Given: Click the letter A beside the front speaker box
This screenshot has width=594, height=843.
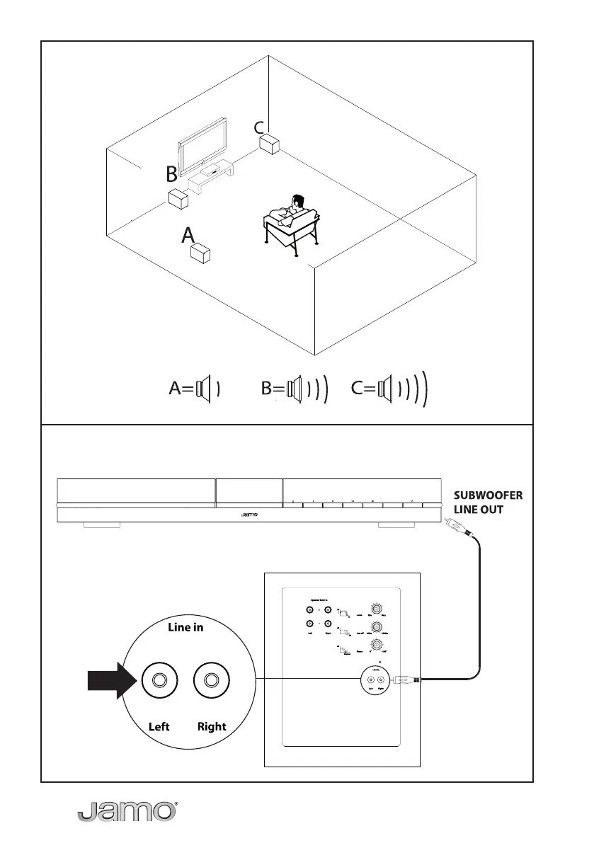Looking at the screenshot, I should point(188,236).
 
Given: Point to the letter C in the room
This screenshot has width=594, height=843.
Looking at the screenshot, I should point(259,128).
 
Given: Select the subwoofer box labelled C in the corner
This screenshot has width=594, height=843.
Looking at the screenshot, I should point(269,145).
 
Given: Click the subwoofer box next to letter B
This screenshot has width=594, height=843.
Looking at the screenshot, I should point(178,199).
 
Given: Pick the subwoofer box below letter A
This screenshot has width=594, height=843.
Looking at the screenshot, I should point(202,254).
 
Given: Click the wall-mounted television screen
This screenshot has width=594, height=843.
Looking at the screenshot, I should point(203,147).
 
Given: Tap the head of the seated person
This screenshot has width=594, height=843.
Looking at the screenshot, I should point(297,202).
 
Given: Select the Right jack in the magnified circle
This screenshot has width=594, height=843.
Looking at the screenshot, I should point(211,680).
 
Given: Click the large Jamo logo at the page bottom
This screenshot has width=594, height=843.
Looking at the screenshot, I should point(126,813).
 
